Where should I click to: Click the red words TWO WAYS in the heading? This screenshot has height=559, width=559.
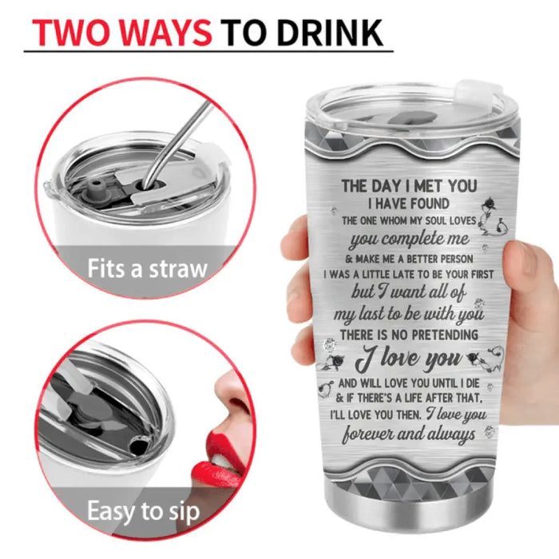click(x=122, y=33)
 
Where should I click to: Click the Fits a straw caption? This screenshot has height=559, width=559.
click(x=147, y=269)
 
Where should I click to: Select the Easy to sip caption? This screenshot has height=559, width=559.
click(x=143, y=512)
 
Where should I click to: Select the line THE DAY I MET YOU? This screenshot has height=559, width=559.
click(x=409, y=186)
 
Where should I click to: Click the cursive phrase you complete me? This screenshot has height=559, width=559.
click(x=409, y=240)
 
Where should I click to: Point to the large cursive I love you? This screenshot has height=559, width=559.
click(x=409, y=358)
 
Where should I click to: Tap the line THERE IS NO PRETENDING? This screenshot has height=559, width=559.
click(x=409, y=335)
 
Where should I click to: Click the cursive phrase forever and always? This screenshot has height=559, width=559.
click(x=409, y=434)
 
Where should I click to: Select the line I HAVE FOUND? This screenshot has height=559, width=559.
click(x=409, y=204)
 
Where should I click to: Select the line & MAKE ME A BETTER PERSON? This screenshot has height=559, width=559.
click(x=409, y=259)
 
